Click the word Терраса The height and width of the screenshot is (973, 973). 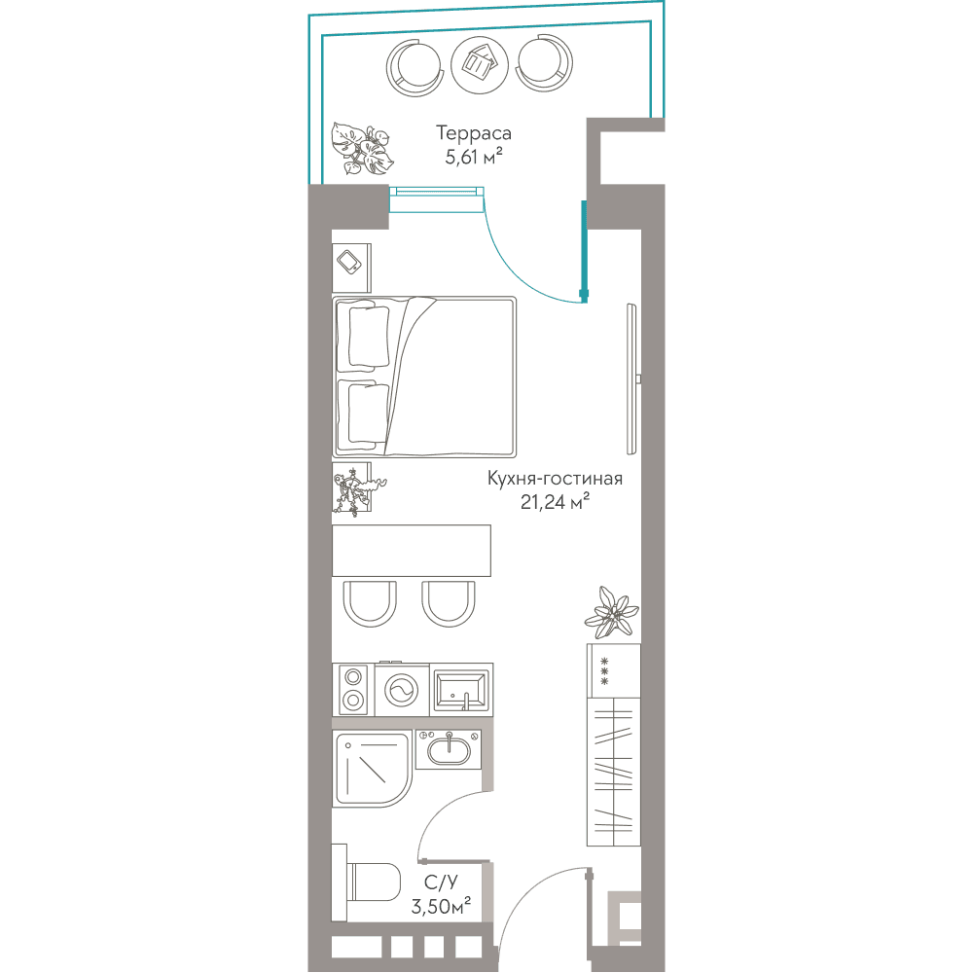point(474,133)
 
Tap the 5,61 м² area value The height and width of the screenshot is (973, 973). point(474,157)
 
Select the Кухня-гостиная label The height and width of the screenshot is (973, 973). point(555,479)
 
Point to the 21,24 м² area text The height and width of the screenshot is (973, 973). point(555,501)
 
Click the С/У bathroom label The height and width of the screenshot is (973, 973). point(441,882)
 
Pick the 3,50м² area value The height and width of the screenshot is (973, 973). point(441,906)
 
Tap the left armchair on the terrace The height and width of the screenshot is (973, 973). point(414,66)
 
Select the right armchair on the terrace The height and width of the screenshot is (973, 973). point(544,63)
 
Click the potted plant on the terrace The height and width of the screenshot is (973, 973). point(361,149)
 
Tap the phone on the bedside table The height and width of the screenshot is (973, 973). point(348,261)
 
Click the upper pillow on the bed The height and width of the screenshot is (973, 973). point(369,336)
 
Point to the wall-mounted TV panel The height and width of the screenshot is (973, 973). point(632,379)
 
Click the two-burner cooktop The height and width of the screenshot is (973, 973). point(353,690)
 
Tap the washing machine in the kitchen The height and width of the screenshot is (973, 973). point(402,690)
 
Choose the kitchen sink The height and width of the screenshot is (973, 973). point(460,690)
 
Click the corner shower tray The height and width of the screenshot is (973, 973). point(372,770)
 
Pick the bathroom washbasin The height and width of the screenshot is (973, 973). point(448,749)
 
